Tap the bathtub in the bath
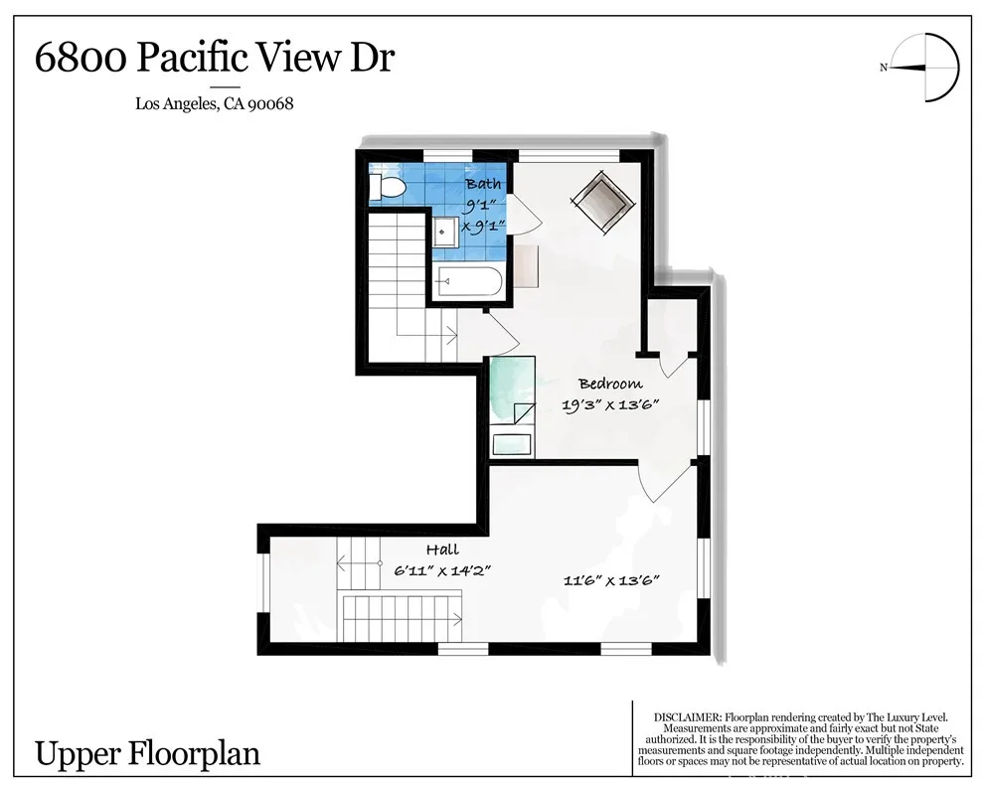(470, 281)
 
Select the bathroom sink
(444, 233)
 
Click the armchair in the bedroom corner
(602, 202)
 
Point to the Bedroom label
(610, 384)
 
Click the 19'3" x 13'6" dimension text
(610, 405)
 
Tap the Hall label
(442, 551)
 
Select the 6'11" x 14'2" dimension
(441, 570)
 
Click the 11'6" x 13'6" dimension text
(611, 580)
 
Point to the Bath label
(483, 184)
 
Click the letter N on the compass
(884, 68)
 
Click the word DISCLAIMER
(688, 717)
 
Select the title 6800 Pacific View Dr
(215, 58)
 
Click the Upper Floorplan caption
(147, 753)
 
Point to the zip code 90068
(270, 103)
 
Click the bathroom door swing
(525, 214)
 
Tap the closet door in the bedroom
(673, 366)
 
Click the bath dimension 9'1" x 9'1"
(484, 215)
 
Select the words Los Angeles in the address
(176, 104)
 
